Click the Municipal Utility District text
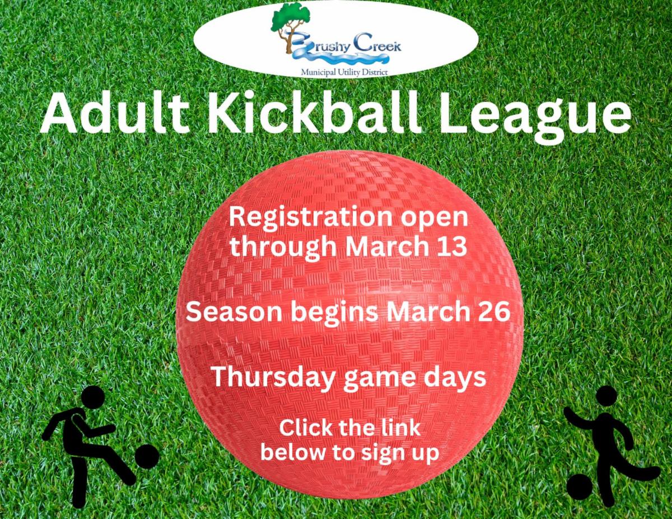coord(344,73)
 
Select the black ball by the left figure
coord(147,456)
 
